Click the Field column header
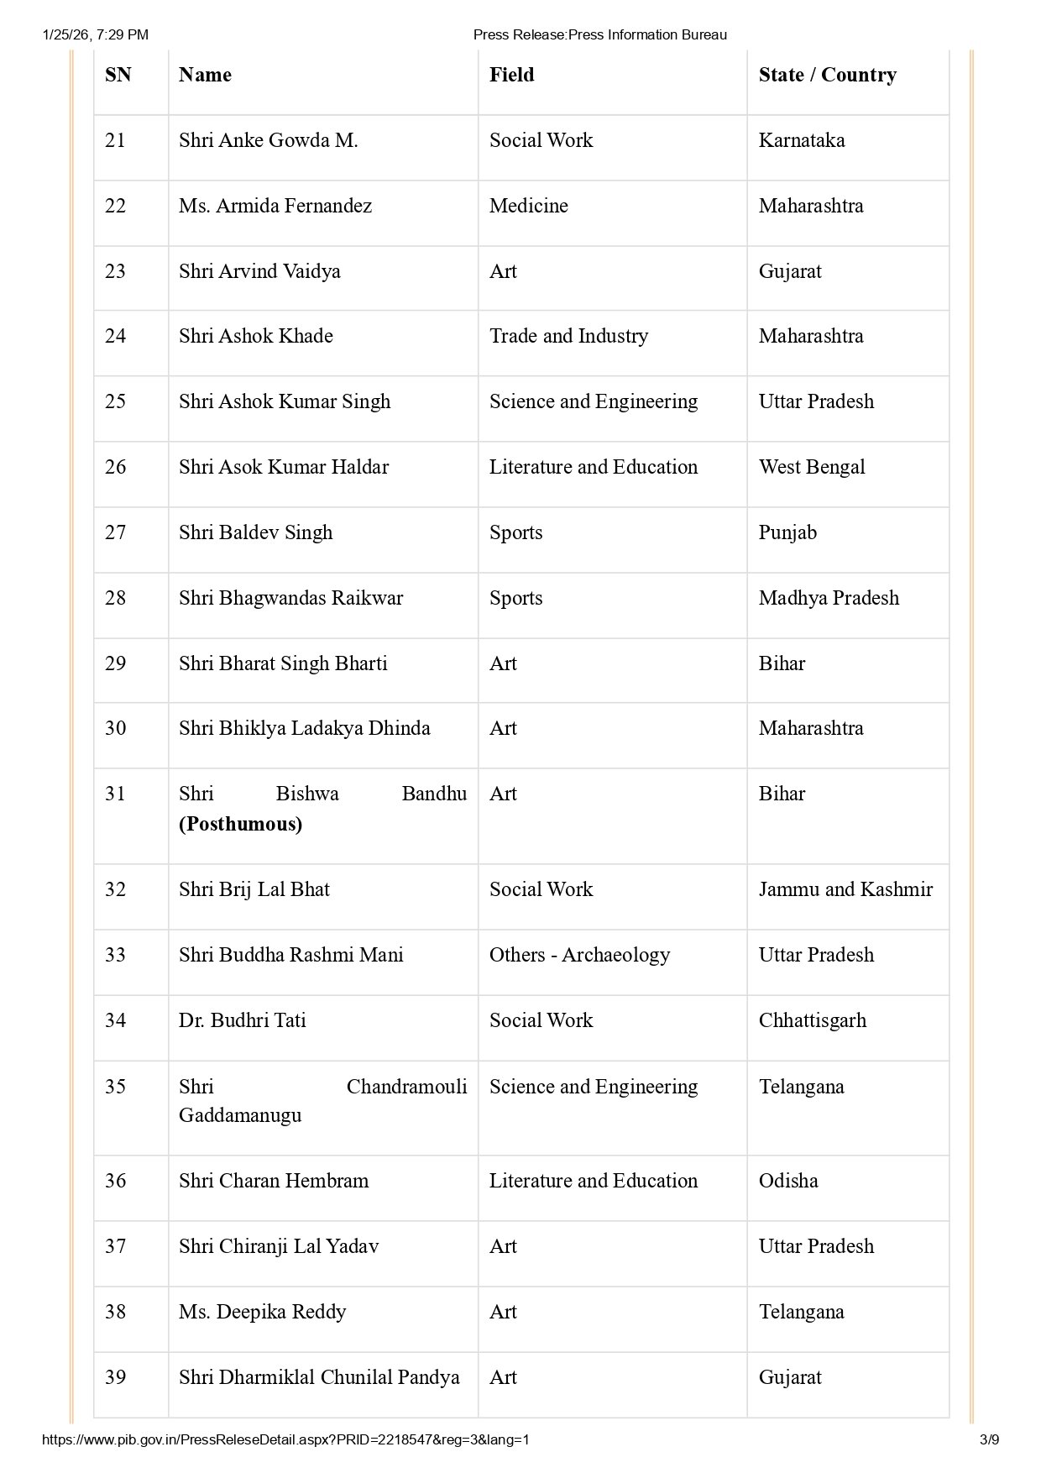(511, 75)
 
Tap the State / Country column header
(827, 75)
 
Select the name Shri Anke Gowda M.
(268, 140)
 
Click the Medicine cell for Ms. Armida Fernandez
(528, 206)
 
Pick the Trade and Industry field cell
(568, 336)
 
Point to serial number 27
(115, 532)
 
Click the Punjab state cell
(787, 532)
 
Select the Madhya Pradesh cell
(829, 598)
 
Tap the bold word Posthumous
(240, 824)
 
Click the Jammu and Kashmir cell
(845, 889)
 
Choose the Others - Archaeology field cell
(579, 955)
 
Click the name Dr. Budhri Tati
(242, 1020)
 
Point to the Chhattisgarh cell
(812, 1020)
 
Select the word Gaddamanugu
(240, 1115)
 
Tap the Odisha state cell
(787, 1181)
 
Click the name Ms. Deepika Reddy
(262, 1312)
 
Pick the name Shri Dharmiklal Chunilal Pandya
(319, 1377)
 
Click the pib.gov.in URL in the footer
(285, 1439)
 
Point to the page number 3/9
(989, 1439)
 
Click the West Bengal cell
(811, 467)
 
